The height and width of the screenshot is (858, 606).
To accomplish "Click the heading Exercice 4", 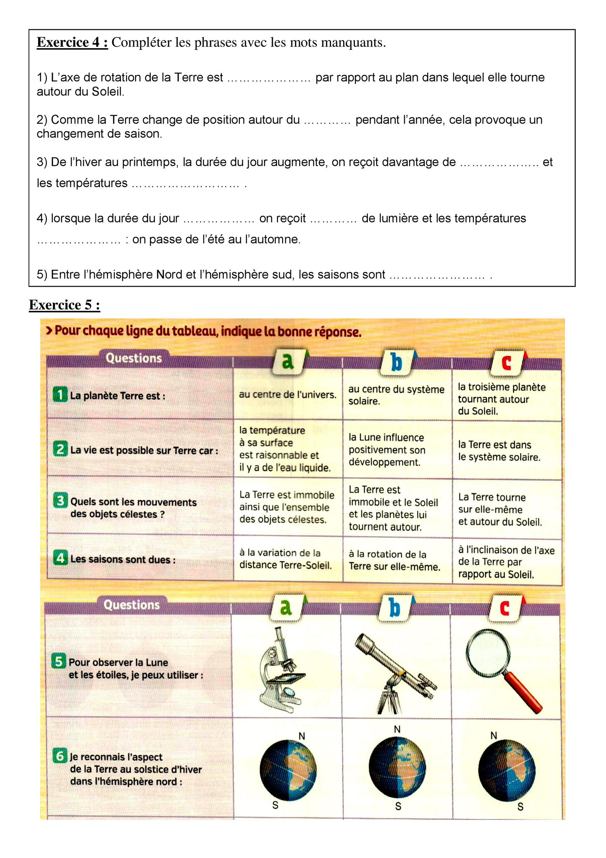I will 72,43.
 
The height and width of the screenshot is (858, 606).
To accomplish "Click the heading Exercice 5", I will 64,305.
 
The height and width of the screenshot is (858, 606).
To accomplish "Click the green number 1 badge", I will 60,395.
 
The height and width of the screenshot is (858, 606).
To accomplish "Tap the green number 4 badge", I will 60,558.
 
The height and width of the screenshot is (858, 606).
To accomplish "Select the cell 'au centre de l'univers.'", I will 288,395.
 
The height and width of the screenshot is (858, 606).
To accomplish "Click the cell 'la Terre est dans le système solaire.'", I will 499,451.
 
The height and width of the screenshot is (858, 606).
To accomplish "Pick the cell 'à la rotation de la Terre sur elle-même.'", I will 394,561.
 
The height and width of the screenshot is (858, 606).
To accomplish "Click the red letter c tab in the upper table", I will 506,362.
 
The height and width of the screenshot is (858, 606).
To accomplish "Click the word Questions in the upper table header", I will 134,359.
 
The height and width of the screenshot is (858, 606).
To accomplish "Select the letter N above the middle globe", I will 397,729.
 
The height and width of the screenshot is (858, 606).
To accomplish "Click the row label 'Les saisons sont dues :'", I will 123,560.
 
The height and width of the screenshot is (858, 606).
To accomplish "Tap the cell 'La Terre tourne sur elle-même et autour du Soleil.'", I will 500,509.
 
